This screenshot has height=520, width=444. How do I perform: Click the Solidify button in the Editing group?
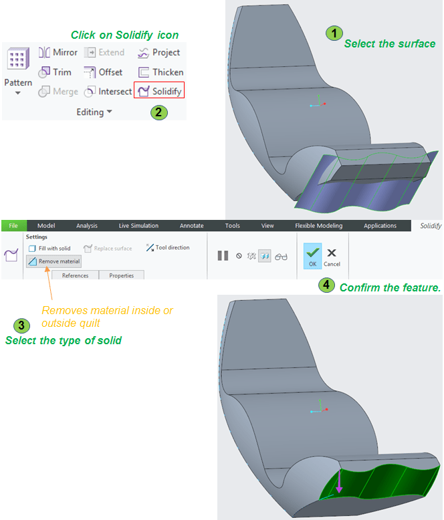159,91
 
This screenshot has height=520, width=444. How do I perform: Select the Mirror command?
58,52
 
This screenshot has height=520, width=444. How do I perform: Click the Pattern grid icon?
18,58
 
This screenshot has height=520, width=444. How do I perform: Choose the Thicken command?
160,72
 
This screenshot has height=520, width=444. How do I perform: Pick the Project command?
158,52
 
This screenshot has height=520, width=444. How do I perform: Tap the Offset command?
103,72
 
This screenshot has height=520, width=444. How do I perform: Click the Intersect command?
108,91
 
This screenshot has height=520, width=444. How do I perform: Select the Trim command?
55,72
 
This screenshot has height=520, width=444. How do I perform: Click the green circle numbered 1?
334,33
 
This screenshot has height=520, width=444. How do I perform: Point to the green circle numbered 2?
159,112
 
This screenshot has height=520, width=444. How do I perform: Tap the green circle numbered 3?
21,326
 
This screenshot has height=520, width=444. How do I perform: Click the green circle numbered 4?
326,285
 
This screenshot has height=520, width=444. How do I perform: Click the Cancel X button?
332,257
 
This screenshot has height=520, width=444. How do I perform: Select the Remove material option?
53,261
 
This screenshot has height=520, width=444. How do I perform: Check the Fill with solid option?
49,249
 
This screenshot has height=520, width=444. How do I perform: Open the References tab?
76,275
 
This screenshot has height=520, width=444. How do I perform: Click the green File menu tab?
13,225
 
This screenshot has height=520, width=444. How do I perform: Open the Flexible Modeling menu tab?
318,225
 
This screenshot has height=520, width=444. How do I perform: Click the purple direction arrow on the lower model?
339,481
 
